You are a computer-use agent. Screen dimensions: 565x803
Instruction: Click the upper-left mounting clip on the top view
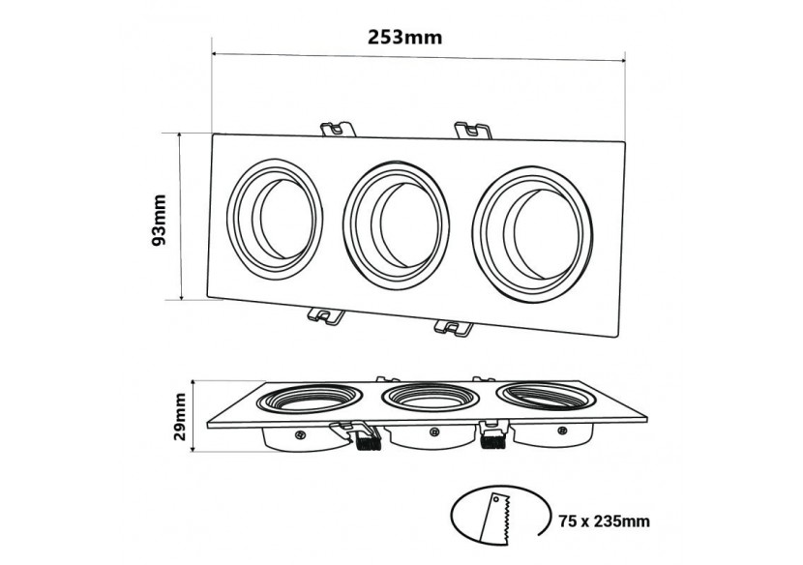tap(335, 128)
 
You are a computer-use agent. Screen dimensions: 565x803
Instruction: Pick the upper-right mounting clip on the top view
tap(473, 129)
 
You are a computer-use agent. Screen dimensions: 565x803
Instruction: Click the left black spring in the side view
tap(364, 439)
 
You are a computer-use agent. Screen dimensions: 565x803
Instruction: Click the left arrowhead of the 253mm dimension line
tap(216, 54)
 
